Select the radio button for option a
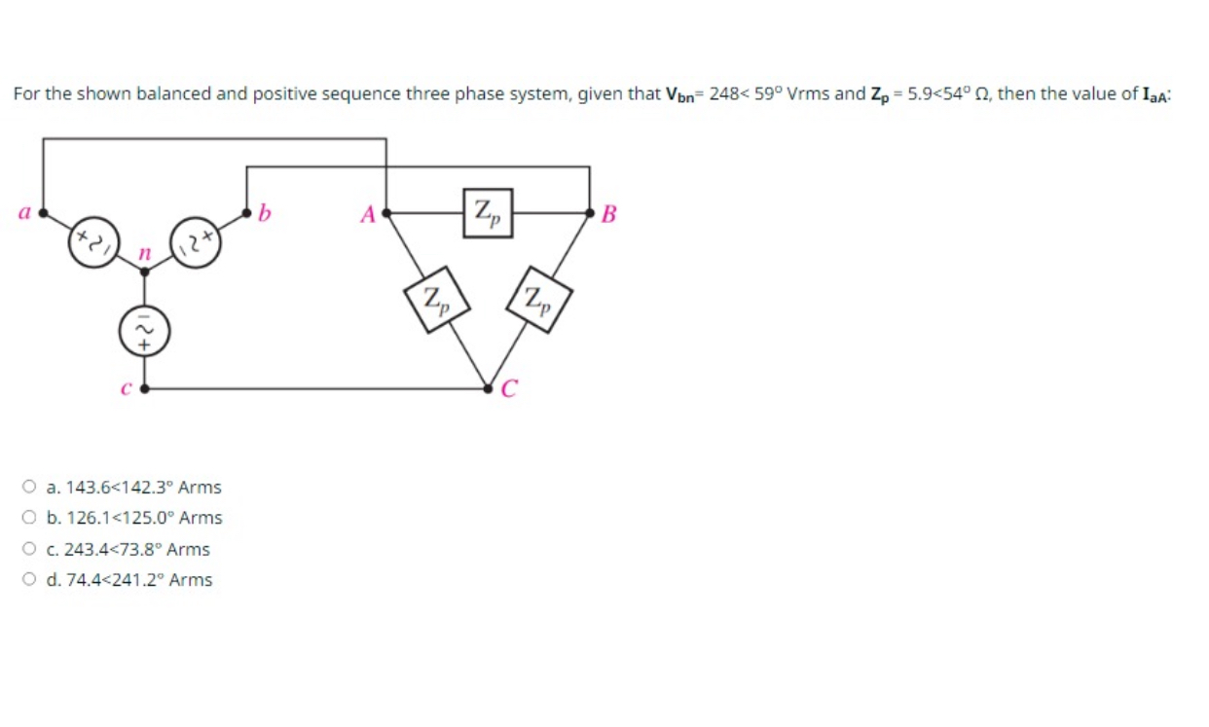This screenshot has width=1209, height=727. click(x=30, y=487)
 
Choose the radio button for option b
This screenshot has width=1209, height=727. click(x=30, y=518)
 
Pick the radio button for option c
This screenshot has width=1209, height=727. click(x=30, y=549)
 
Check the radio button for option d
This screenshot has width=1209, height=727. click(x=30, y=580)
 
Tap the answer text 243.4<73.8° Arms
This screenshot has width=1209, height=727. click(x=136, y=549)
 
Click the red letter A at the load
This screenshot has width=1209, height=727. click(x=368, y=214)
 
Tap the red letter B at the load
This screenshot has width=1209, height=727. click(x=609, y=214)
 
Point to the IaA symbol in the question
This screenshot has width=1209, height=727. click(x=1154, y=94)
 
